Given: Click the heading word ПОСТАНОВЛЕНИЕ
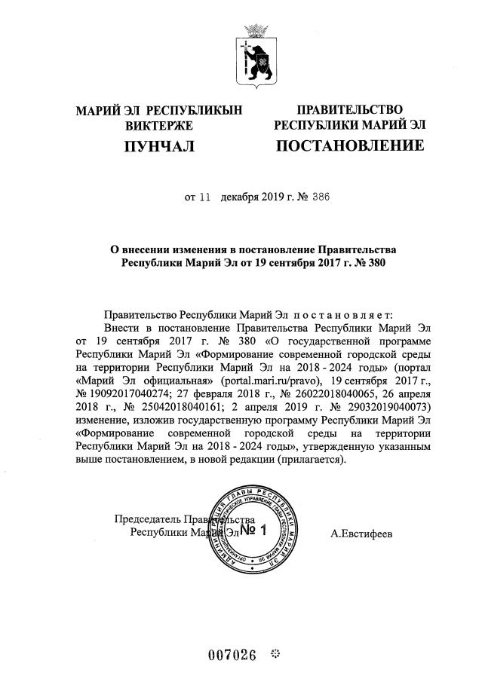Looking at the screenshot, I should pyautogui.click(x=349, y=145).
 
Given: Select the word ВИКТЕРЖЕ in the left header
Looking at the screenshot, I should pyautogui.click(x=159, y=125).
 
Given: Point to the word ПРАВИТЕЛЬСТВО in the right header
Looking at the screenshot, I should pyautogui.click(x=349, y=110).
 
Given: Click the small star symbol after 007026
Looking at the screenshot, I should pyautogui.click(x=275, y=653).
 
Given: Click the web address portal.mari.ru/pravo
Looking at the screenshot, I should pyautogui.click(x=269, y=380).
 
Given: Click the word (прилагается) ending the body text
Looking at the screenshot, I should pyautogui.click(x=312, y=461).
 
